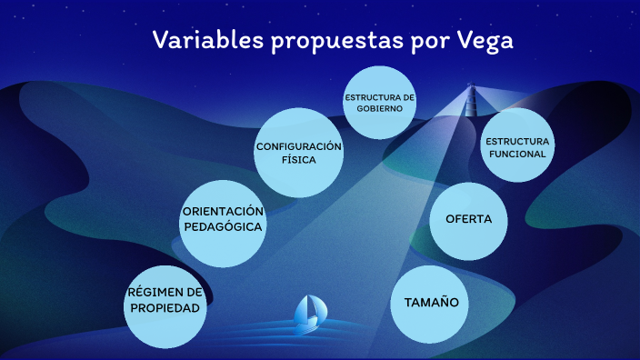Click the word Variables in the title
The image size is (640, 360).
[x=206, y=41]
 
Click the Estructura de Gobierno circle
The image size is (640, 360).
[x=379, y=102]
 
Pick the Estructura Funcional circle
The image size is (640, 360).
[x=517, y=146]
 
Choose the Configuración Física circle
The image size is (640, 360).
[x=298, y=153]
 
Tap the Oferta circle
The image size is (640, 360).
[x=468, y=220]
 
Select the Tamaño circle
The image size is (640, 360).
[x=430, y=303]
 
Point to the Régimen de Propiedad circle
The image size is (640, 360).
[x=165, y=301]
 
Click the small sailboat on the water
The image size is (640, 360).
[x=309, y=312]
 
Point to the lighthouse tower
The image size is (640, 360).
[x=472, y=99]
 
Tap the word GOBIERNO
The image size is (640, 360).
[x=379, y=107]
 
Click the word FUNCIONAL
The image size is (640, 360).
[x=517, y=154]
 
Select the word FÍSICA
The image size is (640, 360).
[x=298, y=160]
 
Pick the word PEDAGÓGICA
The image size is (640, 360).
[x=223, y=226]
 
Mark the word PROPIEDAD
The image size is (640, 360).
[x=165, y=308]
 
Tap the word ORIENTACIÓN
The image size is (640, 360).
[x=223, y=211]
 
